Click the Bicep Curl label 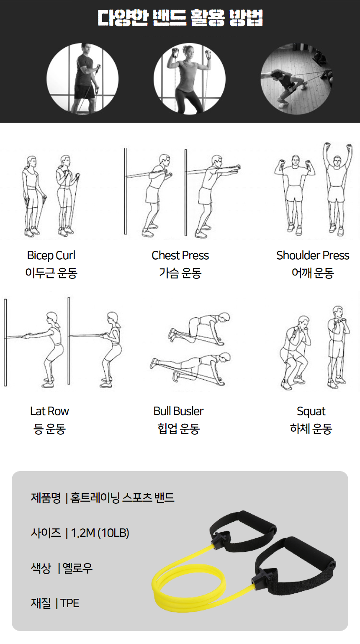coord(51,255)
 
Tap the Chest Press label coord(180,255)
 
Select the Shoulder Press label coord(313,255)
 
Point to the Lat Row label coord(49,411)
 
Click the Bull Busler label coord(178,411)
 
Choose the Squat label coord(311,412)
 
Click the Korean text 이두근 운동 coord(51,273)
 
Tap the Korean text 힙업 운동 coord(178,429)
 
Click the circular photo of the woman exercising coord(190,79)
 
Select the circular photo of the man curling coord(82,79)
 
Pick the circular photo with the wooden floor coord(296,79)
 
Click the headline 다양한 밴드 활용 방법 coord(180,18)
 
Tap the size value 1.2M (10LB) coord(100,533)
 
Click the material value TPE coord(70,603)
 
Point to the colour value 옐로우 coord(77,568)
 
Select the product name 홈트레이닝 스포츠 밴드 coord(122,498)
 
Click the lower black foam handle coord(312,551)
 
